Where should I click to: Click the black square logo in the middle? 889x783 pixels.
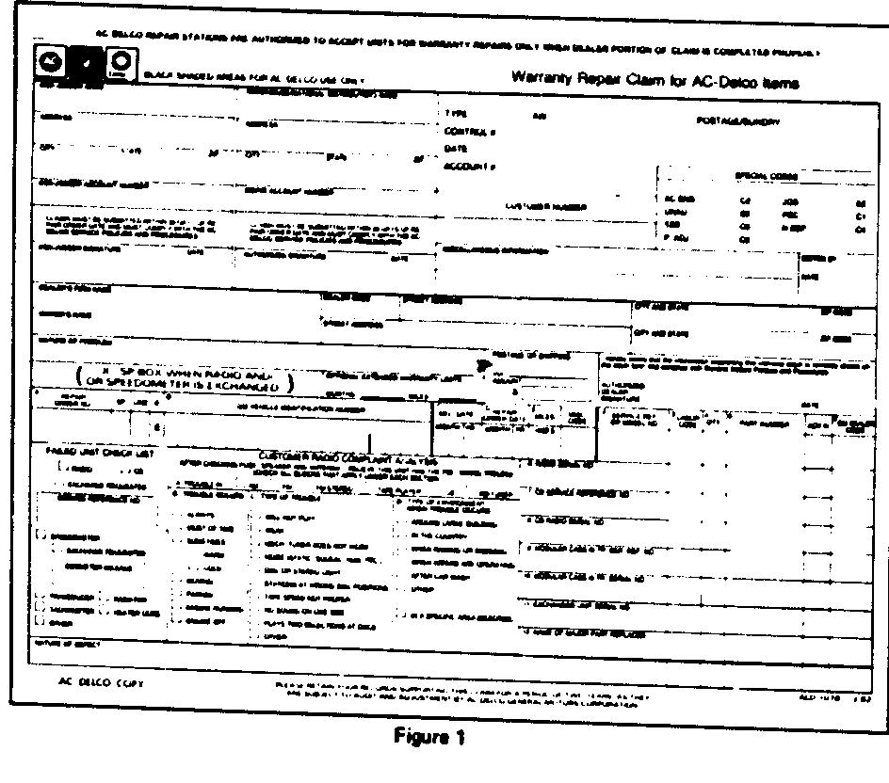click(87, 63)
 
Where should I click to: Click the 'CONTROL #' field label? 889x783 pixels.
click(465, 132)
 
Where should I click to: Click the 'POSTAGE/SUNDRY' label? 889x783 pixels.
click(738, 121)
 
